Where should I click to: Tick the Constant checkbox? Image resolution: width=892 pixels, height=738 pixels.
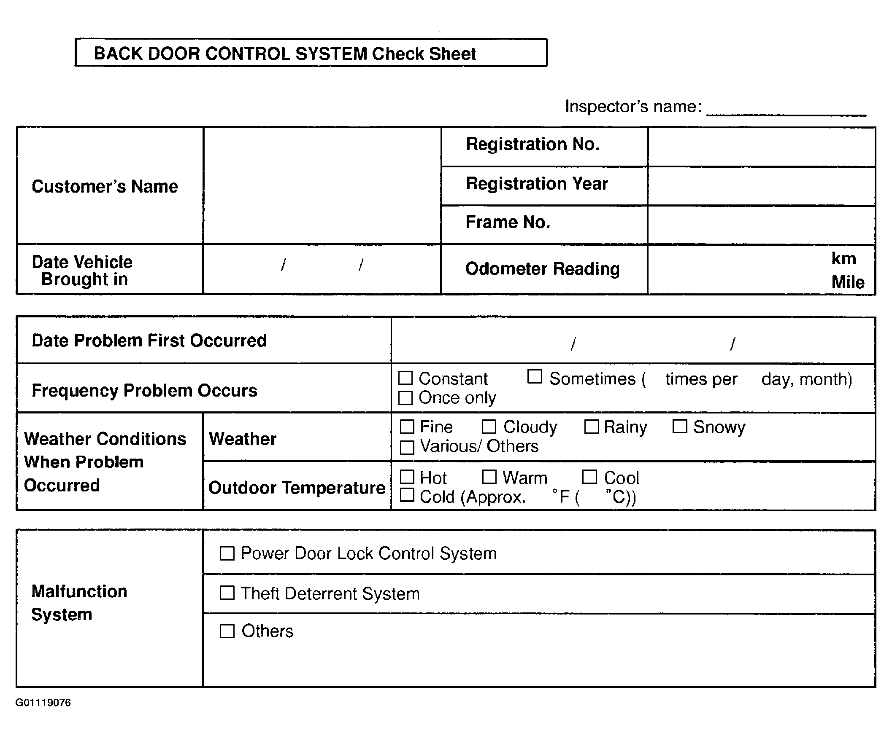coord(405,378)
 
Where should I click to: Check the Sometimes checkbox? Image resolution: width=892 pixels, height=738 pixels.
coord(534,376)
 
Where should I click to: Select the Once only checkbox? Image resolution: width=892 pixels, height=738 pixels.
coord(405,397)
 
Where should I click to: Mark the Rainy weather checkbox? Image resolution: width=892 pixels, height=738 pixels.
coord(591,427)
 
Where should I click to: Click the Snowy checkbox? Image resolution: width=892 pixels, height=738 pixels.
coord(680,426)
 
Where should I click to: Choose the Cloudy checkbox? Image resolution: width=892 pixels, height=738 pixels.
coord(489,427)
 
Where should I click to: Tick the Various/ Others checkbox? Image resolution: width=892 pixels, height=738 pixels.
coord(407,447)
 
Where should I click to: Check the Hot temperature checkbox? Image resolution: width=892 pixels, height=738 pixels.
coord(407,477)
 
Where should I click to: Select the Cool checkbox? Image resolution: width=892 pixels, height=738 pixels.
coord(589,477)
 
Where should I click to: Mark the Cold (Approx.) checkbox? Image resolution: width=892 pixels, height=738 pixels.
coord(407,495)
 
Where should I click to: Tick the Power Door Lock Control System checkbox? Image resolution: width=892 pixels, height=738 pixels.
coord(227,553)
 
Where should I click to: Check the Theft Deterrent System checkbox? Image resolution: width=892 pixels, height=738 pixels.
coord(227,593)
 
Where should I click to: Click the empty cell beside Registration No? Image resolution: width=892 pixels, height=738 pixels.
coord(761,146)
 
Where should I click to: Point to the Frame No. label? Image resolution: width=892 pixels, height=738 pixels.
coord(508,222)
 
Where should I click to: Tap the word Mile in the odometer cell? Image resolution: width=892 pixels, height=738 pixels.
coord(847,282)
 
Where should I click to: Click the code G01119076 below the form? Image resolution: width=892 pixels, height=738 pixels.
coord(43,703)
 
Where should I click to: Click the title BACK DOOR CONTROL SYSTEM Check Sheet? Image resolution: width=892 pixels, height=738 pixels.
coord(284,54)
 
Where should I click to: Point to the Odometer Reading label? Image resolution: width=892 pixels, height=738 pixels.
coord(543,268)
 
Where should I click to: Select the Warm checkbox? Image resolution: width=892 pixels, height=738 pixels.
coord(489,477)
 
